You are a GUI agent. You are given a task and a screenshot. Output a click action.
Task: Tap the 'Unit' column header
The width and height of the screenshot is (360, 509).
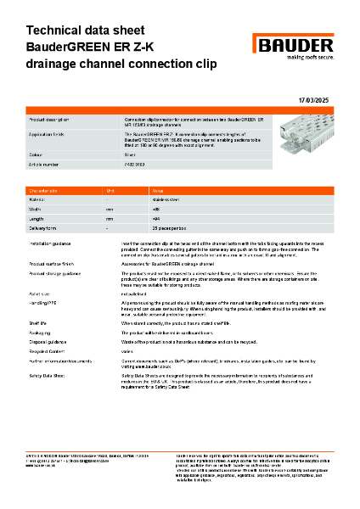coord(110,192)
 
